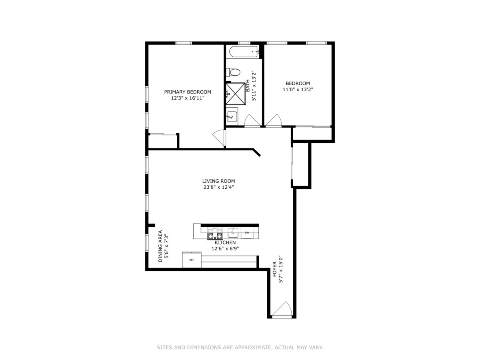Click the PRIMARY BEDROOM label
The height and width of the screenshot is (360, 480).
188,92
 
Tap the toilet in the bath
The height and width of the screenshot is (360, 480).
233,72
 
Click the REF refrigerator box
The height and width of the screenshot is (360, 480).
192,260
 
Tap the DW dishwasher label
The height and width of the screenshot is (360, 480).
247,233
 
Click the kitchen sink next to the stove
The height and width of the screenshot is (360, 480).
233,233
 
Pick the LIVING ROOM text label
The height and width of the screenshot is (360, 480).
218,181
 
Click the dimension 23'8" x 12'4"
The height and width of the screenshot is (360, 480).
218,187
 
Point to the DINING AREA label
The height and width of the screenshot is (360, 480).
160,246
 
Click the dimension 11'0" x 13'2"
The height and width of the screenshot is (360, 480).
298,90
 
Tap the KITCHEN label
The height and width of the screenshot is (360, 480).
225,243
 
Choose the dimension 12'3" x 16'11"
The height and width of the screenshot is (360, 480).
188,98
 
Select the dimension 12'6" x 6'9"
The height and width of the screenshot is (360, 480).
225,248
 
